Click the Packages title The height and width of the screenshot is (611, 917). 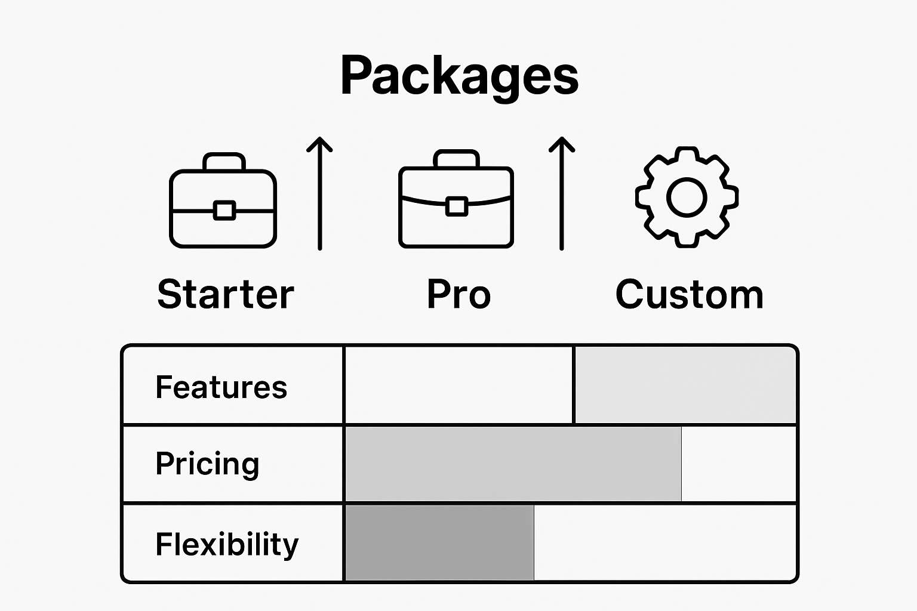coord(459,76)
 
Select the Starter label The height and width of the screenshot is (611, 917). coord(226,294)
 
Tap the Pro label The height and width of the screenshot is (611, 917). coord(458,294)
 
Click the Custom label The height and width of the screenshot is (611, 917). coord(690,294)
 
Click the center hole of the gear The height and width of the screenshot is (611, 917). coord(687,197)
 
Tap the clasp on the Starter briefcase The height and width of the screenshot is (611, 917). coord(224,210)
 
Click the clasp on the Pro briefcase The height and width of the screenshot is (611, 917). coord(457,206)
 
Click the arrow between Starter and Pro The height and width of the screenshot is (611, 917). coord(320,194)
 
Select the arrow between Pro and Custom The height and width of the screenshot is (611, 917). coord(562,194)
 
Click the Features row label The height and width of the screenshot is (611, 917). coord(221,387)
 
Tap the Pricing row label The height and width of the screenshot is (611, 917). coord(207,464)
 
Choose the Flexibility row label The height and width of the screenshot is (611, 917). coord(227,544)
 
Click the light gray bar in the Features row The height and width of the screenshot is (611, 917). coord(685,385)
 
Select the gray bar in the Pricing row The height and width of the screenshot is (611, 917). coord(513,464)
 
